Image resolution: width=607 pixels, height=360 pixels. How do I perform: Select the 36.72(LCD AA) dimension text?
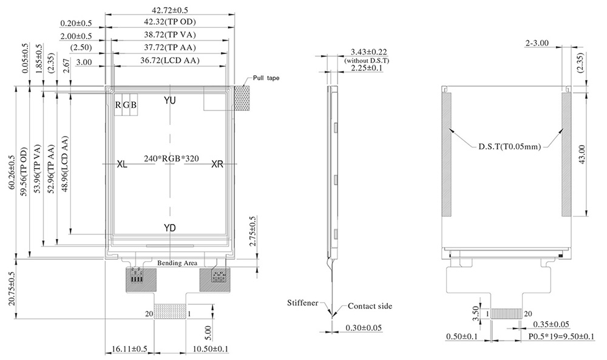pos(169,60)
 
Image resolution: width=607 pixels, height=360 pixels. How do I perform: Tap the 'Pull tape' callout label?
pos(266,78)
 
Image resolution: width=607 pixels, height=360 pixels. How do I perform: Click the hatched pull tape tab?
pos(242,99)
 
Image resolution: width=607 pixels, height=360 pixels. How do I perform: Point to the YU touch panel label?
pos(169,101)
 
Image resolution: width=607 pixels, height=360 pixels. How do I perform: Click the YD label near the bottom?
pos(169,228)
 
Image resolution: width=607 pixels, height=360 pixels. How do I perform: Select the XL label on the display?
pos(122,164)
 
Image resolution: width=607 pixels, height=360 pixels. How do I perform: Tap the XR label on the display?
pos(217,164)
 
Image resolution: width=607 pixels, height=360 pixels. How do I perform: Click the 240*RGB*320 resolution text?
pos(172,158)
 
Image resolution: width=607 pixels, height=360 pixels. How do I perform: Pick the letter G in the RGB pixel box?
pos(126,105)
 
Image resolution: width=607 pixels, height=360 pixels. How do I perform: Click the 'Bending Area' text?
pos(177,263)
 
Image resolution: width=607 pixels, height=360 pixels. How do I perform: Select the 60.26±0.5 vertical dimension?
pos(12,172)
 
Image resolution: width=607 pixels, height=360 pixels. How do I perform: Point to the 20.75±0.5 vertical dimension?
pos(12,288)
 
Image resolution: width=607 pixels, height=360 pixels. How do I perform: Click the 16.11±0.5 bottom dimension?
pos(130,349)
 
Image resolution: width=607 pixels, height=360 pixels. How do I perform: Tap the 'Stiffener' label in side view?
pos(303,303)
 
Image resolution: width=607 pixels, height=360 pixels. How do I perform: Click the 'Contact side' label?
pos(370,306)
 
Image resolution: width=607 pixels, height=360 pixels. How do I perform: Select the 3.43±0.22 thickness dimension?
pos(368,52)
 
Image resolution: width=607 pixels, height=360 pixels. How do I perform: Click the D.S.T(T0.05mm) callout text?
pos(509,147)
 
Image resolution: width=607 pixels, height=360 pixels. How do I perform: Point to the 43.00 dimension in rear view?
pos(582,154)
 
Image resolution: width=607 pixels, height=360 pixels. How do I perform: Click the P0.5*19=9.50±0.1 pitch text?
pos(561,336)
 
